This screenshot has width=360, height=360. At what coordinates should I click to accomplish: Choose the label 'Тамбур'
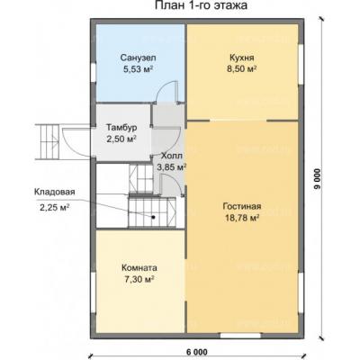121,128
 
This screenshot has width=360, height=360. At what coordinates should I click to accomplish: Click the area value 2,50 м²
121,139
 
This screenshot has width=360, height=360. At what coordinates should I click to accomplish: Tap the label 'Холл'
170,155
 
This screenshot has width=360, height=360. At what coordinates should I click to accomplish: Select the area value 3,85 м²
170,166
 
